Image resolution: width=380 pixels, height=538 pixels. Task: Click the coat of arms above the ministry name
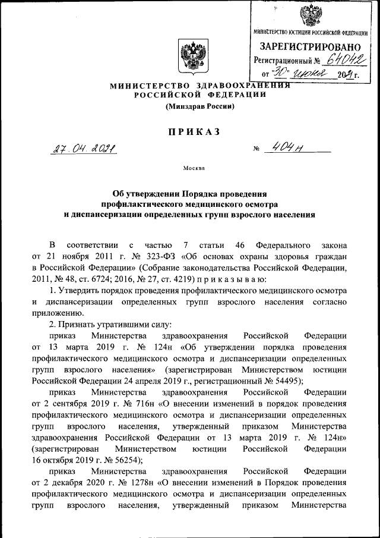191,55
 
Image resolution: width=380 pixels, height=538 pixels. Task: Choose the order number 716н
142,403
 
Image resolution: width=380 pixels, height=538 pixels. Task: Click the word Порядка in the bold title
204,193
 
